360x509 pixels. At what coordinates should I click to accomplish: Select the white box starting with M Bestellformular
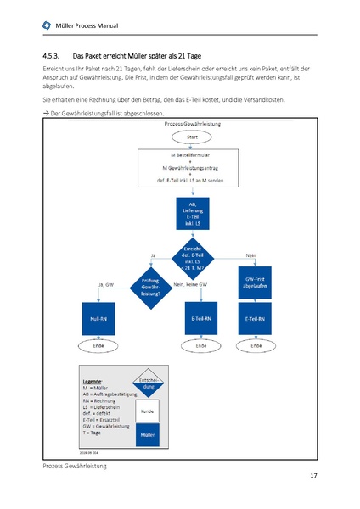click(193, 168)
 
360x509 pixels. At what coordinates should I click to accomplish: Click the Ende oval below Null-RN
click(98, 346)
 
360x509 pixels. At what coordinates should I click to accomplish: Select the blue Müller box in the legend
click(146, 434)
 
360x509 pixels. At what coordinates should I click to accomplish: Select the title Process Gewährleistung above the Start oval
click(193, 125)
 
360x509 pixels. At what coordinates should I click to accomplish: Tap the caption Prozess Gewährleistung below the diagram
click(72, 467)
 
